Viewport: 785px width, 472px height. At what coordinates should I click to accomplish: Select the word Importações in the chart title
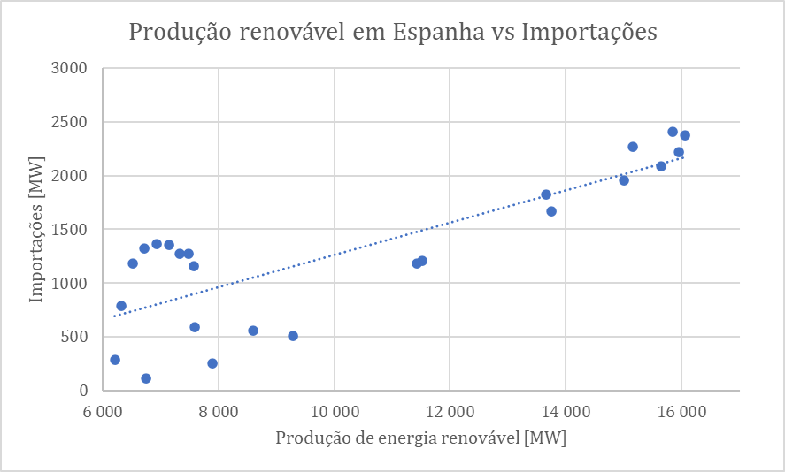coord(589,33)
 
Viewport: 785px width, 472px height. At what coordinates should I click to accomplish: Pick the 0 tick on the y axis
coord(84,391)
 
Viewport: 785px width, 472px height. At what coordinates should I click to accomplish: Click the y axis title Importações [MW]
coord(36,230)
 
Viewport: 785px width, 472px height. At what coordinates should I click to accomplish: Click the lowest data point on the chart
coord(146,378)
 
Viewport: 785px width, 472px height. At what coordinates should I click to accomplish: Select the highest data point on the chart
coord(673,132)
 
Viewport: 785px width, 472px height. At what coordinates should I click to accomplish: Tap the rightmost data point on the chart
coord(685,135)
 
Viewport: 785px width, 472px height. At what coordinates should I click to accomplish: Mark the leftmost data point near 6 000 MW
coord(115,360)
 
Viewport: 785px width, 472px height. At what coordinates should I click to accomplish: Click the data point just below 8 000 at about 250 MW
coord(212,363)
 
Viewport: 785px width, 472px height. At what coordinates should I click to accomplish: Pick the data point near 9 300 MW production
coord(293,336)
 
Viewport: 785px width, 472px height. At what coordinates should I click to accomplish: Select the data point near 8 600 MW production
coord(253,331)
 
